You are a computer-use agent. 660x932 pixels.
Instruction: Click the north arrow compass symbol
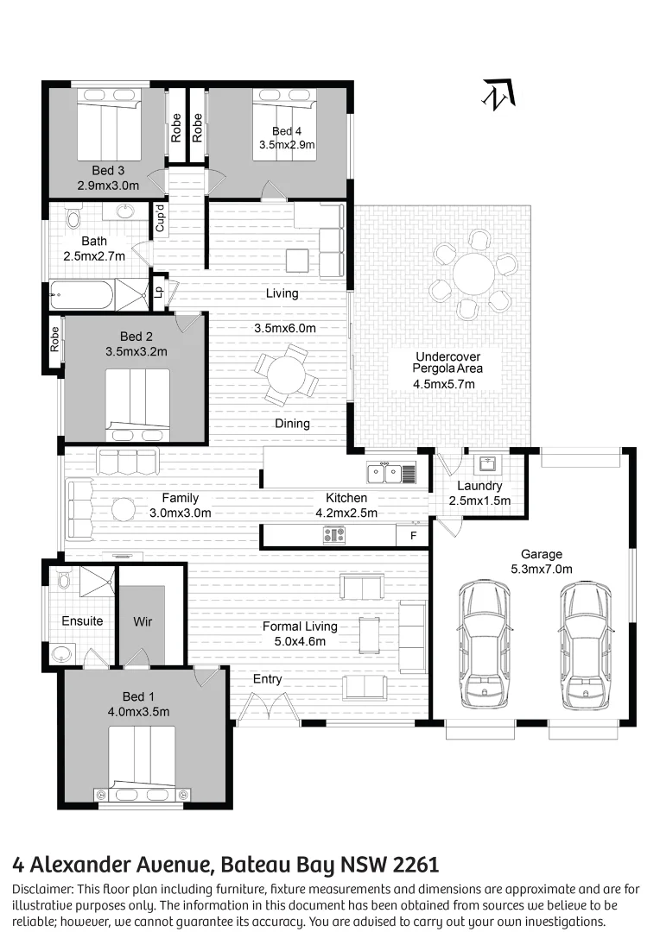tap(498, 94)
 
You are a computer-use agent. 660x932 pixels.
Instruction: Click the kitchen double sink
tap(384, 472)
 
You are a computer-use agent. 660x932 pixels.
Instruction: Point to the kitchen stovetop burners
tap(334, 535)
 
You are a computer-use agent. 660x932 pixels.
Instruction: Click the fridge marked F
tap(412, 535)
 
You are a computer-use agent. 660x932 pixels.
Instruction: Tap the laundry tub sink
tap(485, 463)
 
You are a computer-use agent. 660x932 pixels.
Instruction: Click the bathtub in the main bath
tap(81, 296)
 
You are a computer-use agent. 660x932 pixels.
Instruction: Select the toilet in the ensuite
tap(61, 579)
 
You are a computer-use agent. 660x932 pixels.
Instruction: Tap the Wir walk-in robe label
tap(143, 621)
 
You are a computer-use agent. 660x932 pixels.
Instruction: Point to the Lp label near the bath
tap(158, 291)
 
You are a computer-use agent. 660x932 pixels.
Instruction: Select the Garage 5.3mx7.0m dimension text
tap(541, 561)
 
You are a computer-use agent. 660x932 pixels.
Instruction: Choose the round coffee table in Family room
tap(124, 510)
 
